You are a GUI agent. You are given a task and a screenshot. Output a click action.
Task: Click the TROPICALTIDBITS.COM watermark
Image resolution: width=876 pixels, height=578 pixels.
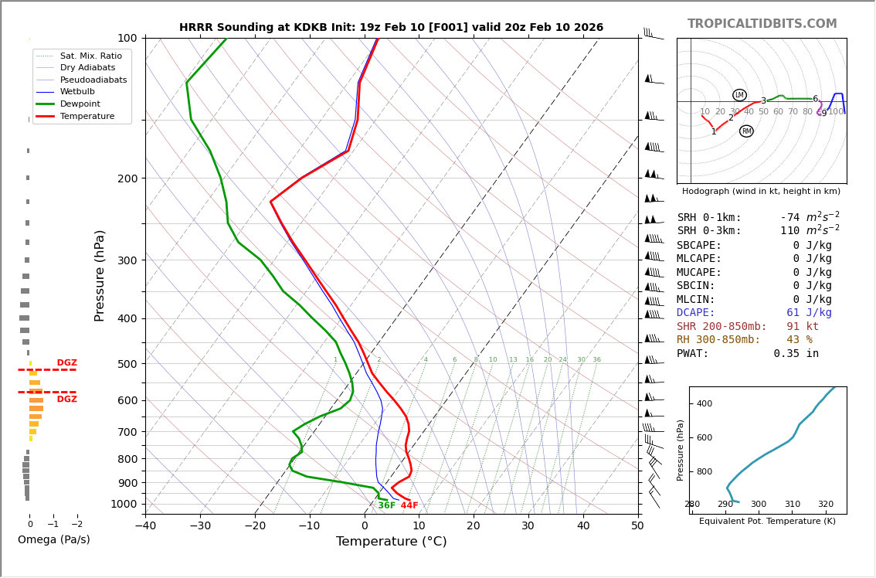pos(762,24)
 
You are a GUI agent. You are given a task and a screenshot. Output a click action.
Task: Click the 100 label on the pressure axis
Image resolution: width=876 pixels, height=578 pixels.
pos(127,38)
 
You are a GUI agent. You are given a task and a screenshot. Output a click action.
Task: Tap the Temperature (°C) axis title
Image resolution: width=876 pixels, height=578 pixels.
pos(391,542)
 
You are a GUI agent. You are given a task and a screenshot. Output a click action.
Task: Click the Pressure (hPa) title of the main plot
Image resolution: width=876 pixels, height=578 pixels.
pos(100,275)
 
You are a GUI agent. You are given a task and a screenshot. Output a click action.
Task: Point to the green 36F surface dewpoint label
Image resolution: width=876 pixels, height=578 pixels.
pos(386,505)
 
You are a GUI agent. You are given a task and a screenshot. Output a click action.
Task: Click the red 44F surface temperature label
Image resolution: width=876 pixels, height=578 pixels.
pos(409,505)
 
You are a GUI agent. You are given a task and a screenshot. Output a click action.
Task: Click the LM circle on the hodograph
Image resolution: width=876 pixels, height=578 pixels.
pos(739,95)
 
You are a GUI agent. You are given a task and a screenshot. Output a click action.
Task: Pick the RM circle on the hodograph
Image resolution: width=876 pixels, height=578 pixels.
pos(746,131)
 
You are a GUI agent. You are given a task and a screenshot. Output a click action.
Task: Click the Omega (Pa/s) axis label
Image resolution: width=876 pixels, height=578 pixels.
pos(54,539)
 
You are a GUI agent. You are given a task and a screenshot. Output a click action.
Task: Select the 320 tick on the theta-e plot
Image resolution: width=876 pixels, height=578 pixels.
pos(826,505)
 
